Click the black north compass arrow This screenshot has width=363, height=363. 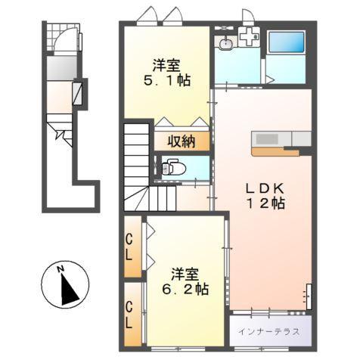[69, 289]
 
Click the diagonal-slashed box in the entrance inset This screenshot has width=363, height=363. [78, 93]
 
